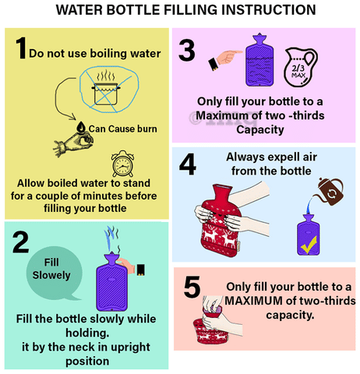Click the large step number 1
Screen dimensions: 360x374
(x=21, y=48)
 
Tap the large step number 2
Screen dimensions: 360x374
(x=21, y=242)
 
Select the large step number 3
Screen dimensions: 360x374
(x=187, y=50)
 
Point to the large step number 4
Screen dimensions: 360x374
(x=188, y=164)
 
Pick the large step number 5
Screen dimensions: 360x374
(x=192, y=287)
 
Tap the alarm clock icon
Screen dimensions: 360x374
(x=122, y=164)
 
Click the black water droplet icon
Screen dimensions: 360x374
(x=81, y=127)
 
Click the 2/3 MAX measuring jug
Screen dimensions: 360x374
(x=301, y=68)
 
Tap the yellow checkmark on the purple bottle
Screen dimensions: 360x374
(x=309, y=245)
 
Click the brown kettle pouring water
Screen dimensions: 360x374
(x=330, y=192)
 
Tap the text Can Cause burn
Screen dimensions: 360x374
(x=123, y=129)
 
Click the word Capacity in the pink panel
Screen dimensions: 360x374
(x=260, y=129)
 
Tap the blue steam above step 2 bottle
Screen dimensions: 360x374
(x=111, y=238)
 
